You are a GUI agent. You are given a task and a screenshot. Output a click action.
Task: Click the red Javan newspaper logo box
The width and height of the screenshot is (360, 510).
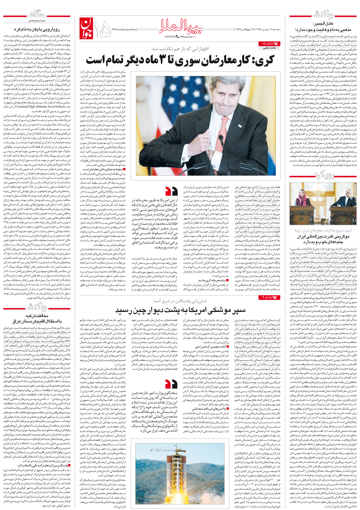click(89, 28)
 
